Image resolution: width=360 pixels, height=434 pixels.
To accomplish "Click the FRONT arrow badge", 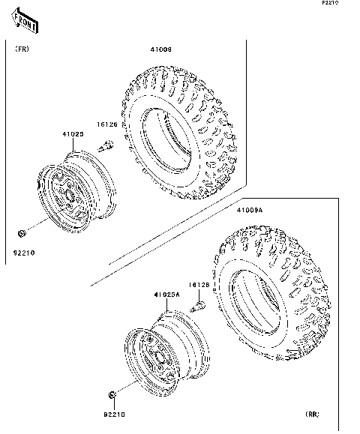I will (x=25, y=23).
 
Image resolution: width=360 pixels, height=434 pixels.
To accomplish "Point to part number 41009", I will (x=161, y=50).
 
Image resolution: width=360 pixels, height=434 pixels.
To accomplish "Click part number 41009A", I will (x=249, y=211).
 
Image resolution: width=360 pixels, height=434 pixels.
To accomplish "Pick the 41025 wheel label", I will (x=72, y=134).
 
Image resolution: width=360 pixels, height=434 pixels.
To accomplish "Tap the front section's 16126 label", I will (x=106, y=124).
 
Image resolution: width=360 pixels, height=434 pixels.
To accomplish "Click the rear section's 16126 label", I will (x=198, y=285).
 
